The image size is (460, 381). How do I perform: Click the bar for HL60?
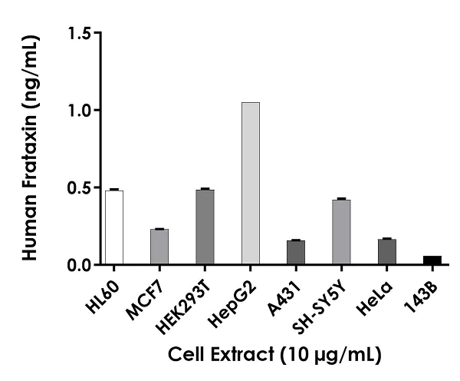pyautogui.click(x=113, y=228)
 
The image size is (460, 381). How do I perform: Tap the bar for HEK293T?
pyautogui.click(x=205, y=227)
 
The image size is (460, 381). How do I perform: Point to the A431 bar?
pyautogui.click(x=295, y=253)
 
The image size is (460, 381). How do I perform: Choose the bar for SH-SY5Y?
pyautogui.click(x=341, y=233)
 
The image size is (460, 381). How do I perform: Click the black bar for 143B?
pyautogui.click(x=432, y=260)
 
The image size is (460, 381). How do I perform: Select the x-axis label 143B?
pyautogui.click(x=426, y=289)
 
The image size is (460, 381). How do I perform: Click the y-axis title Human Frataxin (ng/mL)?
pyautogui.click(x=30, y=149)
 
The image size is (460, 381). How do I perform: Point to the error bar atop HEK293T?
pyautogui.click(x=205, y=188)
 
